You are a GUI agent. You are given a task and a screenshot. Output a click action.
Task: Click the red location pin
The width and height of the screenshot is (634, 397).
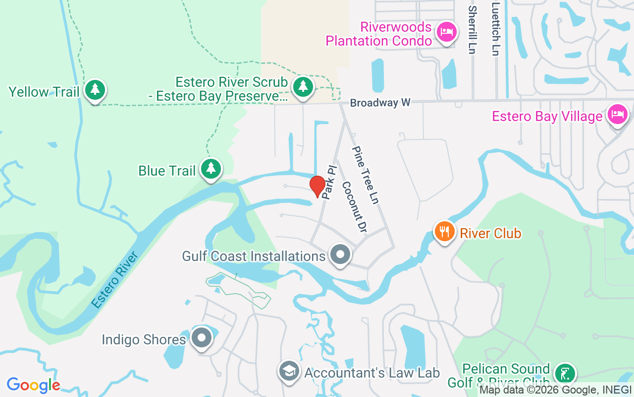[x=317, y=186]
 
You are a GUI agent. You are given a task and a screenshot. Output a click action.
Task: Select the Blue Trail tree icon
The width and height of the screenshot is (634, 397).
[x=211, y=169]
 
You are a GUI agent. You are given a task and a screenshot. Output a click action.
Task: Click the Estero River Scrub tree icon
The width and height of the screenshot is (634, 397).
[x=303, y=87]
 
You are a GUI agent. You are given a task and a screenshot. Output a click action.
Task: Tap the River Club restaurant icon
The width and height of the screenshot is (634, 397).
[x=445, y=231]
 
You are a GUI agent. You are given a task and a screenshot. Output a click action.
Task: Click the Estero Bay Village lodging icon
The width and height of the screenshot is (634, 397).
[x=617, y=115]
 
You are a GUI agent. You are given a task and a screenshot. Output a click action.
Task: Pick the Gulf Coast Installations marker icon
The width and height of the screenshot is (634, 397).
[x=340, y=255]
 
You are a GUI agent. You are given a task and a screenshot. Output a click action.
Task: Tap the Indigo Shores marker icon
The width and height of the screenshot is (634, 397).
[x=202, y=338]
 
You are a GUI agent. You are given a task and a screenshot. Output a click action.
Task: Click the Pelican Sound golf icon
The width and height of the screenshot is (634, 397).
[x=565, y=373]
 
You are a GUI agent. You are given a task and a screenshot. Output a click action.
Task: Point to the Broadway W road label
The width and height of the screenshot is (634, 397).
[x=380, y=103]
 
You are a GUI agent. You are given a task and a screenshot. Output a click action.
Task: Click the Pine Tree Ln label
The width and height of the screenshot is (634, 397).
[x=366, y=174]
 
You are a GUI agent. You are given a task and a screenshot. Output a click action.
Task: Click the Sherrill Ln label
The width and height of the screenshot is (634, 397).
[x=472, y=30]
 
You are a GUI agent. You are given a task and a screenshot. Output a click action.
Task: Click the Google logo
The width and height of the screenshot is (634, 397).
[x=34, y=385]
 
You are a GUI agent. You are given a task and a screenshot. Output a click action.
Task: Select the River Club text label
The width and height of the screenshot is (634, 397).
[x=490, y=233]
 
